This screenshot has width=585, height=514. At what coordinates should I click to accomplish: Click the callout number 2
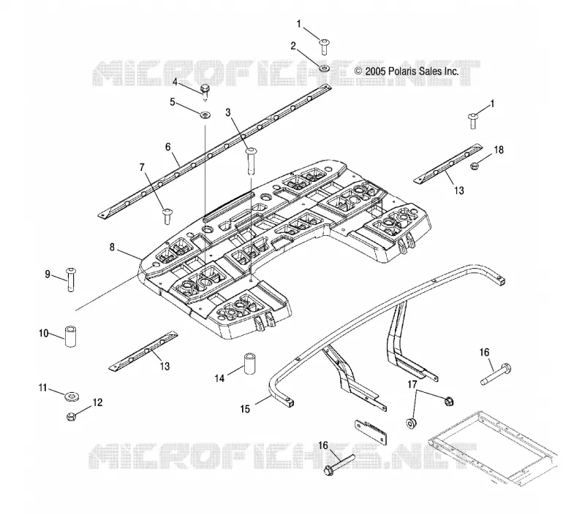point(293,46)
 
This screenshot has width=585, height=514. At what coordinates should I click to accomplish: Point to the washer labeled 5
point(205,115)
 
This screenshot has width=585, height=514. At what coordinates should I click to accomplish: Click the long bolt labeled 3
point(251,161)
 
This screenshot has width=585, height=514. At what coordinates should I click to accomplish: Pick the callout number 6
point(168,147)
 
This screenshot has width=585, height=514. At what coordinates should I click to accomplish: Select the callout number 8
point(112,247)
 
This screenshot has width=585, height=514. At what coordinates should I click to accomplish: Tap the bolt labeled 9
point(70,280)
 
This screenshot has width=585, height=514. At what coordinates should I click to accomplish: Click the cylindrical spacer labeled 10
point(70,336)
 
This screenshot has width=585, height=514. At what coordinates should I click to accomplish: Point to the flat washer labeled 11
point(71,396)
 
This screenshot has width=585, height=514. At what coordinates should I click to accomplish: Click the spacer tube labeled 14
point(249,363)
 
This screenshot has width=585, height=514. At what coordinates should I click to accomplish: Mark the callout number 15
point(245,409)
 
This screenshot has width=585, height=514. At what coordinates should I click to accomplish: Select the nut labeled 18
point(474,166)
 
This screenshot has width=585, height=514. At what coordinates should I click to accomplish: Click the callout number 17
point(412,384)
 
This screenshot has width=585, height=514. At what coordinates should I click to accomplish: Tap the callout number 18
point(499,150)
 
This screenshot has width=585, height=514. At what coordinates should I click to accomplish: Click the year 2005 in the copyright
point(375,71)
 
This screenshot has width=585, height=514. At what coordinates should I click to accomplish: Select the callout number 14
point(219,378)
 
